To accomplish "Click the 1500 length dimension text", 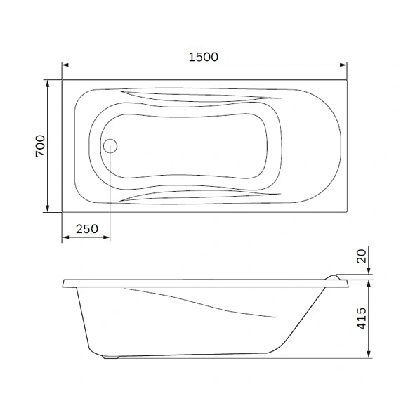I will click(x=203, y=57).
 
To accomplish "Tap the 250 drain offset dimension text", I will click(x=86, y=229).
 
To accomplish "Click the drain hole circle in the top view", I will click(x=110, y=146).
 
